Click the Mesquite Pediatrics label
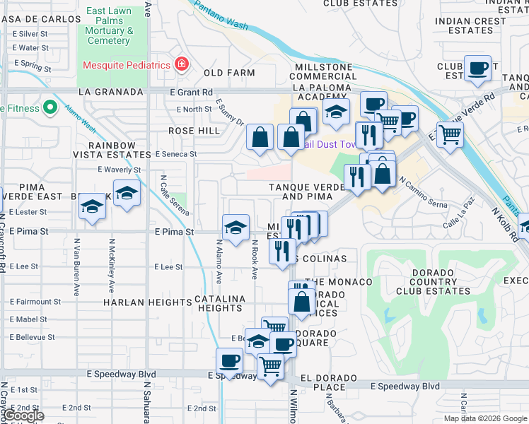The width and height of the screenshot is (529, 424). pyautogui.click(x=127, y=65)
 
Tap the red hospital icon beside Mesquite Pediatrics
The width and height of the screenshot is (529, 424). pyautogui.click(x=182, y=64)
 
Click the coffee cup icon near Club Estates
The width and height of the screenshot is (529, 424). pyautogui.click(x=478, y=68)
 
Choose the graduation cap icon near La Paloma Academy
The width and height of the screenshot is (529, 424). pyautogui.click(x=336, y=111)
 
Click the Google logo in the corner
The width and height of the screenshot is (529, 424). pyautogui.click(x=23, y=416)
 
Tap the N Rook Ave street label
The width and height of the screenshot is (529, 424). pyautogui.click(x=255, y=259)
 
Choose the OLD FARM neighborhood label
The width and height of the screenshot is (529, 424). pyautogui.click(x=229, y=73)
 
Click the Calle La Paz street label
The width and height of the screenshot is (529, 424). pyautogui.click(x=458, y=219)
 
